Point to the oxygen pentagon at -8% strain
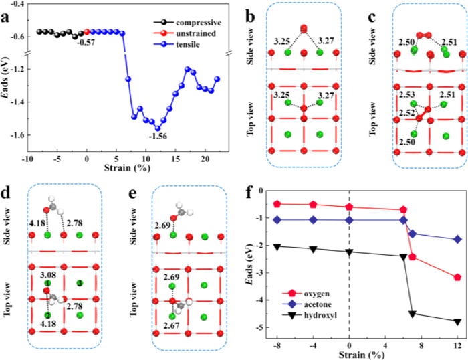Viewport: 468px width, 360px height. point(277,203)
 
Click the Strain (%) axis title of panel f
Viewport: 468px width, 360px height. point(367,355)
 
